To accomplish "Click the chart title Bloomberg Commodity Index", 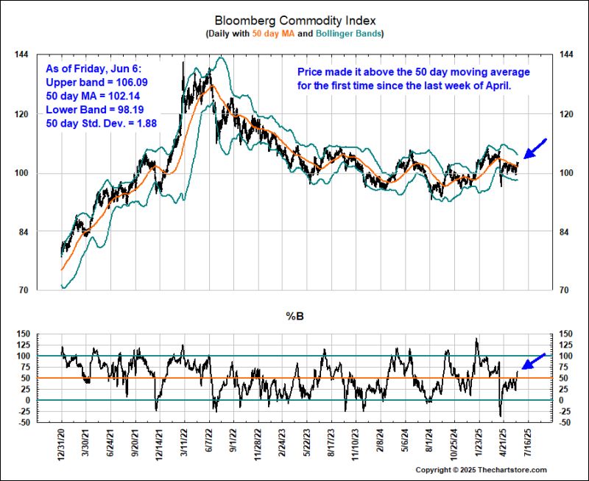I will tap(294, 21).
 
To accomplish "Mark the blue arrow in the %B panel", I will tap(535, 362).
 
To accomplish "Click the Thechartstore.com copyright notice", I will tap(482, 470).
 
